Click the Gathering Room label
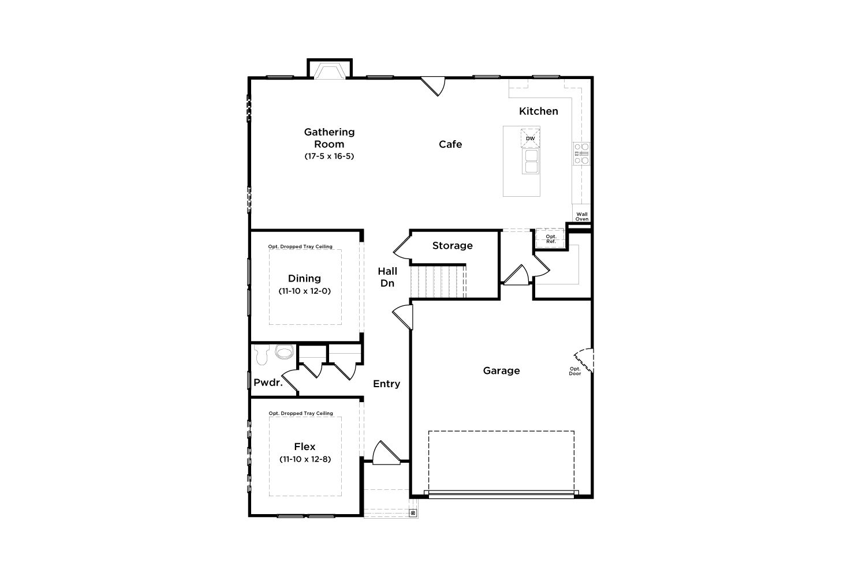tap(329, 138)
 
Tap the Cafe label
tap(450, 144)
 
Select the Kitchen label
tap(539, 111)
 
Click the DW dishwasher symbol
tap(531, 138)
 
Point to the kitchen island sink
tap(531, 161)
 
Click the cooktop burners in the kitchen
tap(581, 154)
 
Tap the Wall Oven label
tap(582, 216)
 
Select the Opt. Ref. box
tap(551, 238)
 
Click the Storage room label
tap(452, 246)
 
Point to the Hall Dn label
tap(387, 277)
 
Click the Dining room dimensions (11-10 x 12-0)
tap(305, 291)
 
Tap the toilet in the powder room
tap(262, 355)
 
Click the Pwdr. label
tap(268, 383)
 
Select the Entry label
tap(387, 384)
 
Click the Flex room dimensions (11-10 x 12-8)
tap(305, 459)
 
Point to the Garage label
tap(502, 370)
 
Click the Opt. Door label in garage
tap(575, 371)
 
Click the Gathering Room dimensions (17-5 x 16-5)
tap(329, 156)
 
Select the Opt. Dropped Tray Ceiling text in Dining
tap(300, 246)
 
